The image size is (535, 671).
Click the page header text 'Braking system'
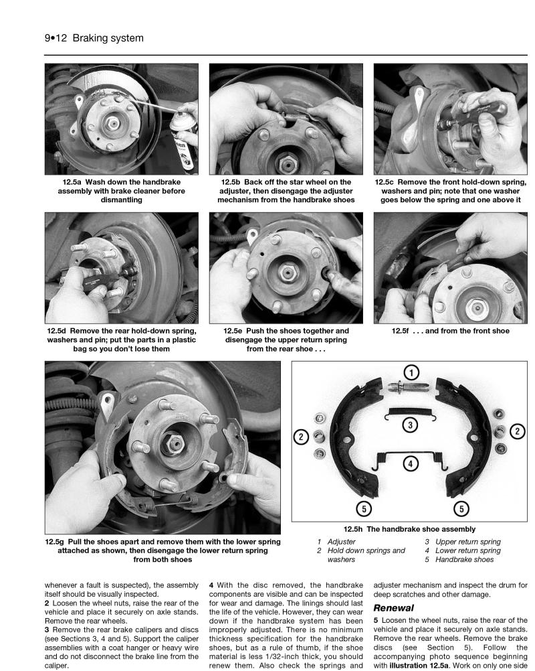coord(108,38)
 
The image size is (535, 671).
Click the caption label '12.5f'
coord(405,330)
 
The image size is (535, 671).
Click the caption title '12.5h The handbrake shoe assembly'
coord(410,528)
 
